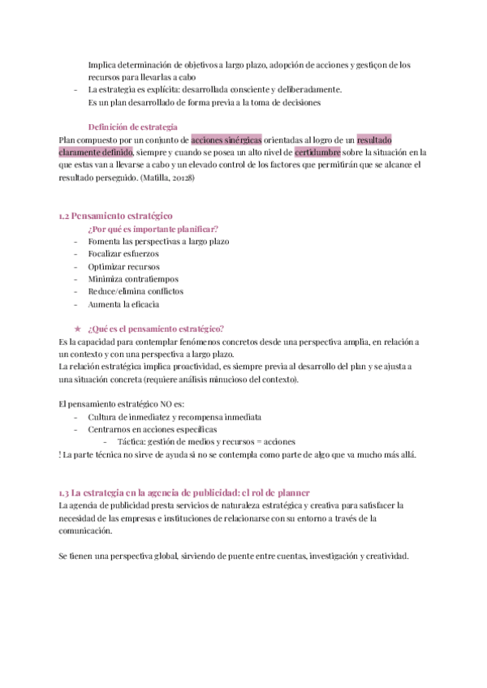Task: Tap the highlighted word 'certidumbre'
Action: pyautogui.click(x=317, y=152)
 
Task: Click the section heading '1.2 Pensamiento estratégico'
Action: pyautogui.click(x=116, y=216)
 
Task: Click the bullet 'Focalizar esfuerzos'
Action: pyautogui.click(x=123, y=254)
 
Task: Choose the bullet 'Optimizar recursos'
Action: pyautogui.click(x=123, y=266)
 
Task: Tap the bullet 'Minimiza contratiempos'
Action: pyautogui.click(x=133, y=279)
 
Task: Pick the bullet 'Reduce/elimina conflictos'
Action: pyautogui.click(x=136, y=291)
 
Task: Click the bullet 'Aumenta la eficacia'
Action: pyautogui.click(x=123, y=304)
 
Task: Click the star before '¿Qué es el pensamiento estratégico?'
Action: pyautogui.click(x=77, y=329)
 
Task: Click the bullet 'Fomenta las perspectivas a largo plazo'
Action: pyautogui.click(x=158, y=241)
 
